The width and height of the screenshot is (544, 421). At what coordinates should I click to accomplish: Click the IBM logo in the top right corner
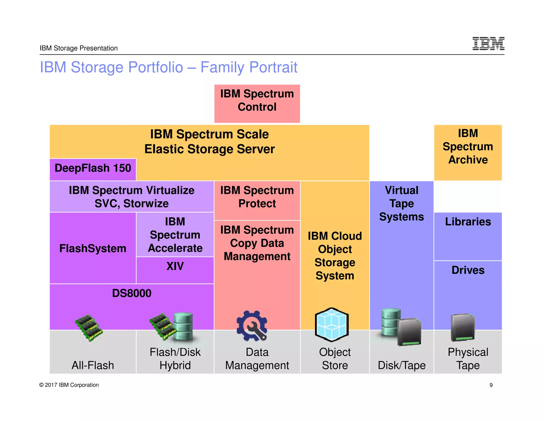(x=488, y=43)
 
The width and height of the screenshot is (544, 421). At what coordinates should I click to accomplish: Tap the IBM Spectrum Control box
(x=257, y=103)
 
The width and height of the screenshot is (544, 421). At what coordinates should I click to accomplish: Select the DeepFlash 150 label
(x=93, y=168)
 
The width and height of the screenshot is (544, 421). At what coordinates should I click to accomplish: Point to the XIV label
(x=175, y=266)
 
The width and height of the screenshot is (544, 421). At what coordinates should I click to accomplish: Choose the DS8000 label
(x=131, y=293)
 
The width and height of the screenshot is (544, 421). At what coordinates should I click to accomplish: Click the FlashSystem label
(x=93, y=248)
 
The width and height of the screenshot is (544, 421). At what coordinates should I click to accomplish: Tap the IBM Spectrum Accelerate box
(x=175, y=234)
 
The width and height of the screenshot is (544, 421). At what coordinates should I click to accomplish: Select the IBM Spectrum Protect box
(x=257, y=197)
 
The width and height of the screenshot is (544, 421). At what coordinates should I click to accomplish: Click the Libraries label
(x=468, y=222)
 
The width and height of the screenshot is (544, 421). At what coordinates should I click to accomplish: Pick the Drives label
(x=468, y=270)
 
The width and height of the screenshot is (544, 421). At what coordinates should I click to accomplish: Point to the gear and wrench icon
(x=252, y=326)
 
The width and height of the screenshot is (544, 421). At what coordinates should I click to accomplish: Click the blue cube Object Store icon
(x=331, y=324)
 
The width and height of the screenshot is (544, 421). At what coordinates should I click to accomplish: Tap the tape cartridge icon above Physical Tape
(x=462, y=328)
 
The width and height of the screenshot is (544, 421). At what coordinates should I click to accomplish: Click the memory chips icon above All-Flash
(x=89, y=328)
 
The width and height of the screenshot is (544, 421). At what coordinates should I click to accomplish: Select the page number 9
(x=491, y=385)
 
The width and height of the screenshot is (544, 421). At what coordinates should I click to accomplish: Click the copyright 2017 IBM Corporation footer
(x=69, y=385)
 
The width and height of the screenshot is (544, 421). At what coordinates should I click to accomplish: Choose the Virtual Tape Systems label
(x=401, y=204)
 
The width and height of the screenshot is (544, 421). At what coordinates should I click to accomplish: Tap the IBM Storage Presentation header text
(x=79, y=48)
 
